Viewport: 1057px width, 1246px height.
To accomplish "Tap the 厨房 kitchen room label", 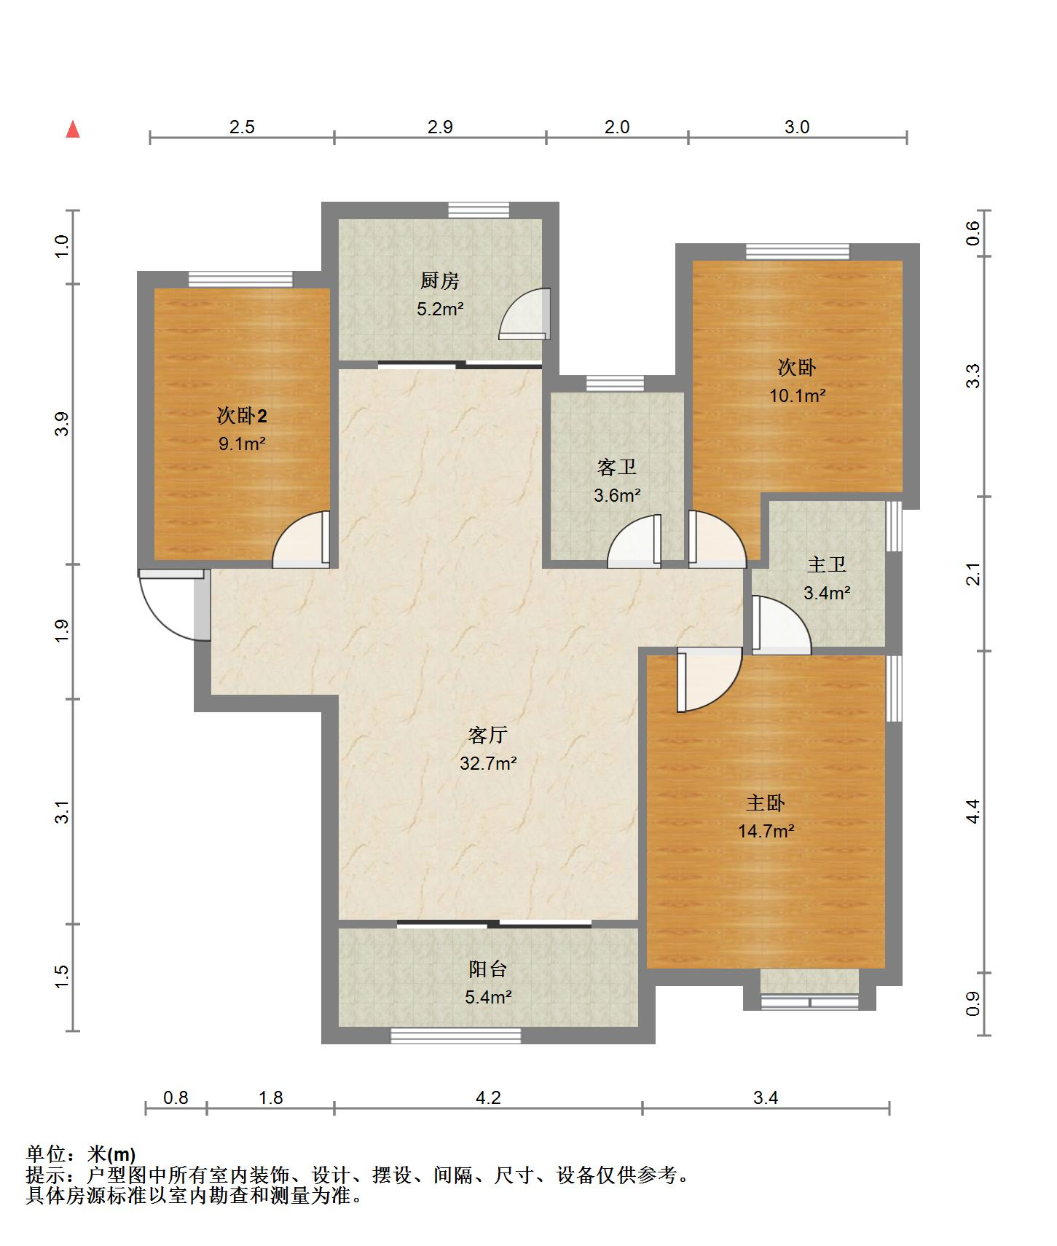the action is click(440, 280).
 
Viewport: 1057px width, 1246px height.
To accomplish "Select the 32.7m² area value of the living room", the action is click(488, 763).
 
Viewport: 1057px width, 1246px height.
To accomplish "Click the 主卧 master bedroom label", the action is click(766, 803).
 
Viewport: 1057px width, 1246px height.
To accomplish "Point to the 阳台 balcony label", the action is click(488, 969).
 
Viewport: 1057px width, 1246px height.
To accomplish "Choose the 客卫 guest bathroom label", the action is click(617, 467).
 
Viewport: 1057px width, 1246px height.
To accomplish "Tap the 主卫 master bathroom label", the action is click(827, 564).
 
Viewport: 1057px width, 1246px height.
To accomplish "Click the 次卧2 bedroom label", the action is click(242, 416).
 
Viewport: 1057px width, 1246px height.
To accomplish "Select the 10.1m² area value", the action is click(798, 395).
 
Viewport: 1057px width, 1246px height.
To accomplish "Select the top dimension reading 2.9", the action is click(440, 127).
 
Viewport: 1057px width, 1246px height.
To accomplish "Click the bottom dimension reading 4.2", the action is click(488, 1097).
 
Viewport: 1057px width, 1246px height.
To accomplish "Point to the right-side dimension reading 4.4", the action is click(973, 811).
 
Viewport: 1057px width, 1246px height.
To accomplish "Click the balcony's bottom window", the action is click(456, 1035).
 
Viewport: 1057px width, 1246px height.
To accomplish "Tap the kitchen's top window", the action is click(479, 210).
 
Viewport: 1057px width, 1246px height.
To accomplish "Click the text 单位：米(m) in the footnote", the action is click(81, 1154).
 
